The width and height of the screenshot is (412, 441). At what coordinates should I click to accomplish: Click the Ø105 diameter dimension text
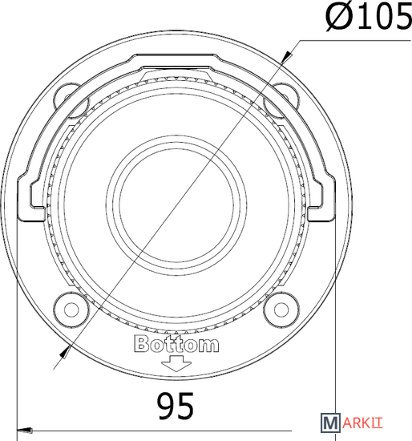click(369, 17)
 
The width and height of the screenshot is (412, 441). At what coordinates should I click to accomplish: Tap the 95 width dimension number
click(176, 407)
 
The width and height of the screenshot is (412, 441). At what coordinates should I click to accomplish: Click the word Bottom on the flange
click(176, 343)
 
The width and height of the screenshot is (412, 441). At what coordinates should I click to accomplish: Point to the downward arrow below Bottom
click(176, 364)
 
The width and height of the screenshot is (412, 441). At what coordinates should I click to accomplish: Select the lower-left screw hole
click(71, 310)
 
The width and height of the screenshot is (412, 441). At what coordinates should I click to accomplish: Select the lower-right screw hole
click(281, 310)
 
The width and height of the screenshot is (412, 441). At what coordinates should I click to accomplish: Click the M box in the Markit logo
click(330, 423)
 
